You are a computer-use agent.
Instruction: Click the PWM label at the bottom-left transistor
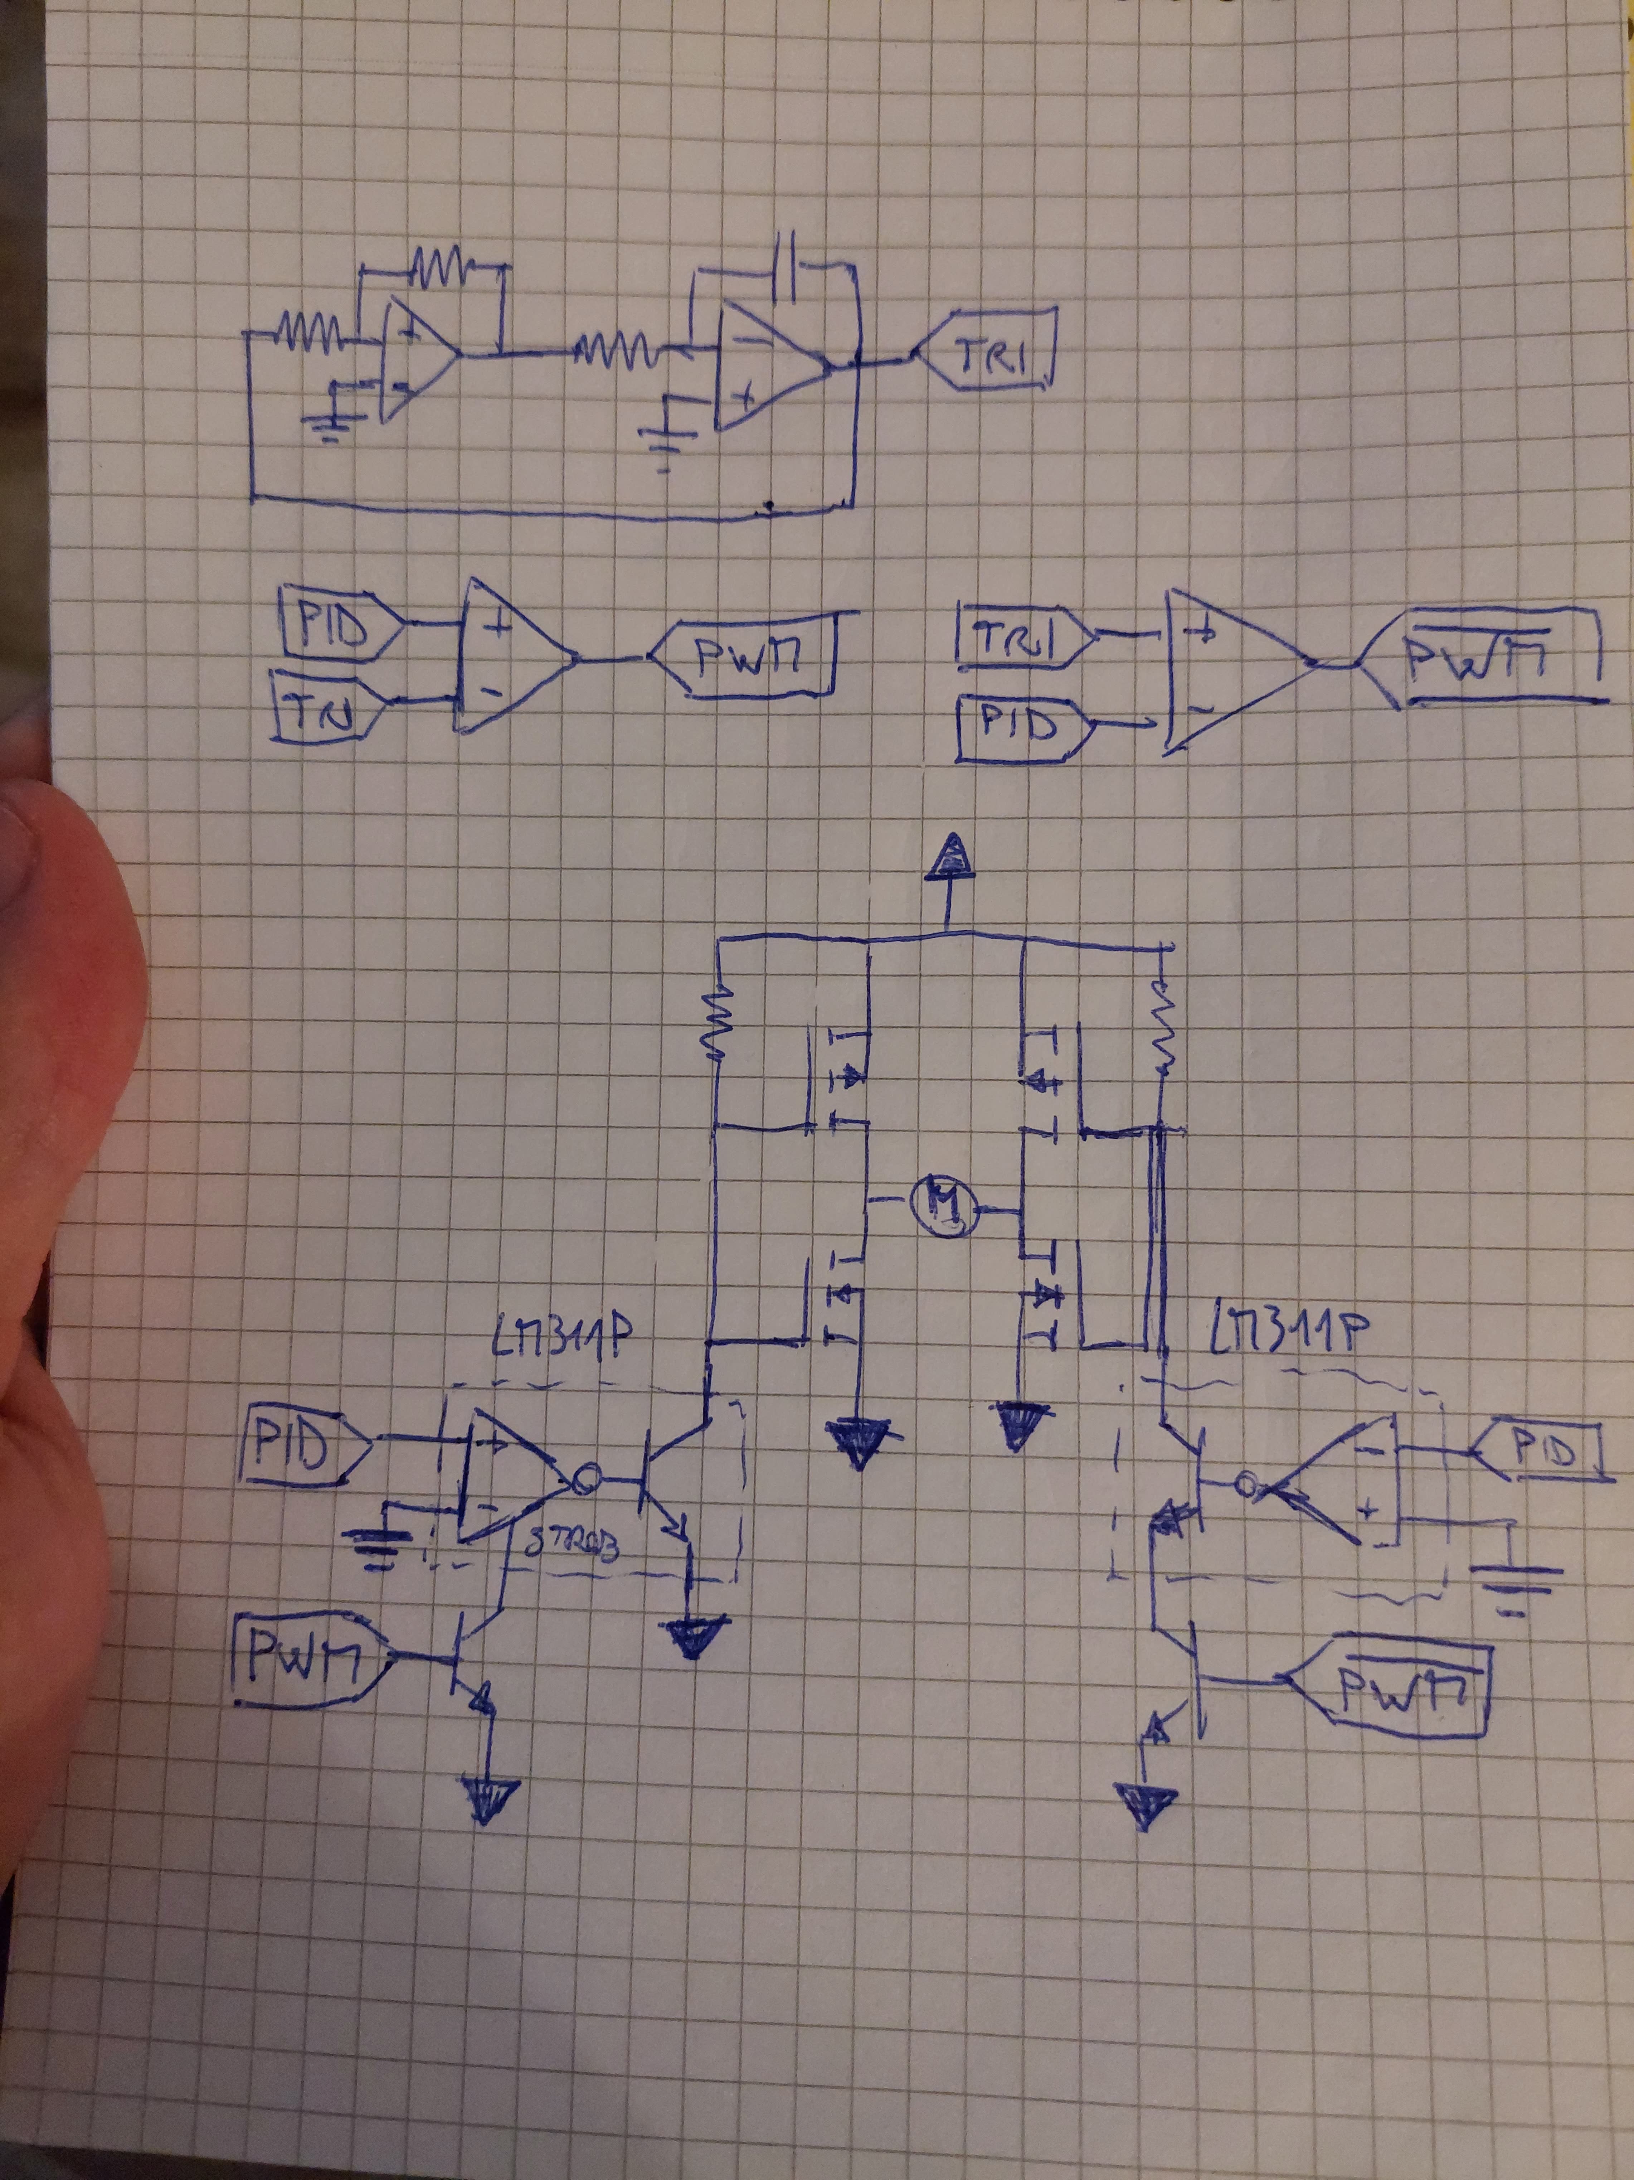tap(306, 1663)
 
